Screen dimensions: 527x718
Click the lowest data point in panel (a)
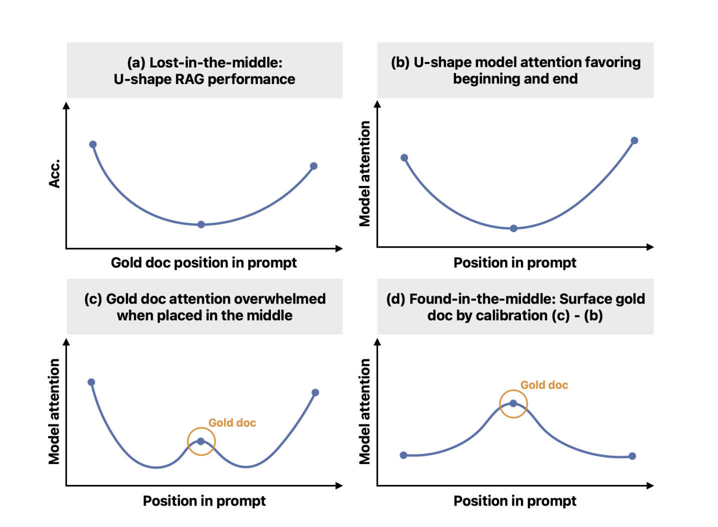point(201,224)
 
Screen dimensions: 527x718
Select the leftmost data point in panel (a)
point(93,144)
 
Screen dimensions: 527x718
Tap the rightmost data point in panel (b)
point(634,140)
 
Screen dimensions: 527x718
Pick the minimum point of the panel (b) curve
point(513,228)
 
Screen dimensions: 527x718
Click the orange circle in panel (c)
point(201,441)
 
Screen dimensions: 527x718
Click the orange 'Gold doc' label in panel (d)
point(544,385)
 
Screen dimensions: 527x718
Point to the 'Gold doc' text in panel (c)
point(232,423)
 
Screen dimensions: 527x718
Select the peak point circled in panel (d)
point(513,403)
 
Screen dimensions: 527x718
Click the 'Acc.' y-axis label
point(54,173)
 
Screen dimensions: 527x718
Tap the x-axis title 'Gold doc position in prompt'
point(203,262)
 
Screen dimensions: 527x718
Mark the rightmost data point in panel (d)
point(632,456)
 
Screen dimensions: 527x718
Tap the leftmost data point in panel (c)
point(91,382)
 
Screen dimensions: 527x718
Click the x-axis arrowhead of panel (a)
point(339,248)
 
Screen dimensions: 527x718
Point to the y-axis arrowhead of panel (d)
point(377,342)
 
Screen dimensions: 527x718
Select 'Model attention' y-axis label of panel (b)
point(365,173)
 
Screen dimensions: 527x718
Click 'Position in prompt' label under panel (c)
point(204,500)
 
